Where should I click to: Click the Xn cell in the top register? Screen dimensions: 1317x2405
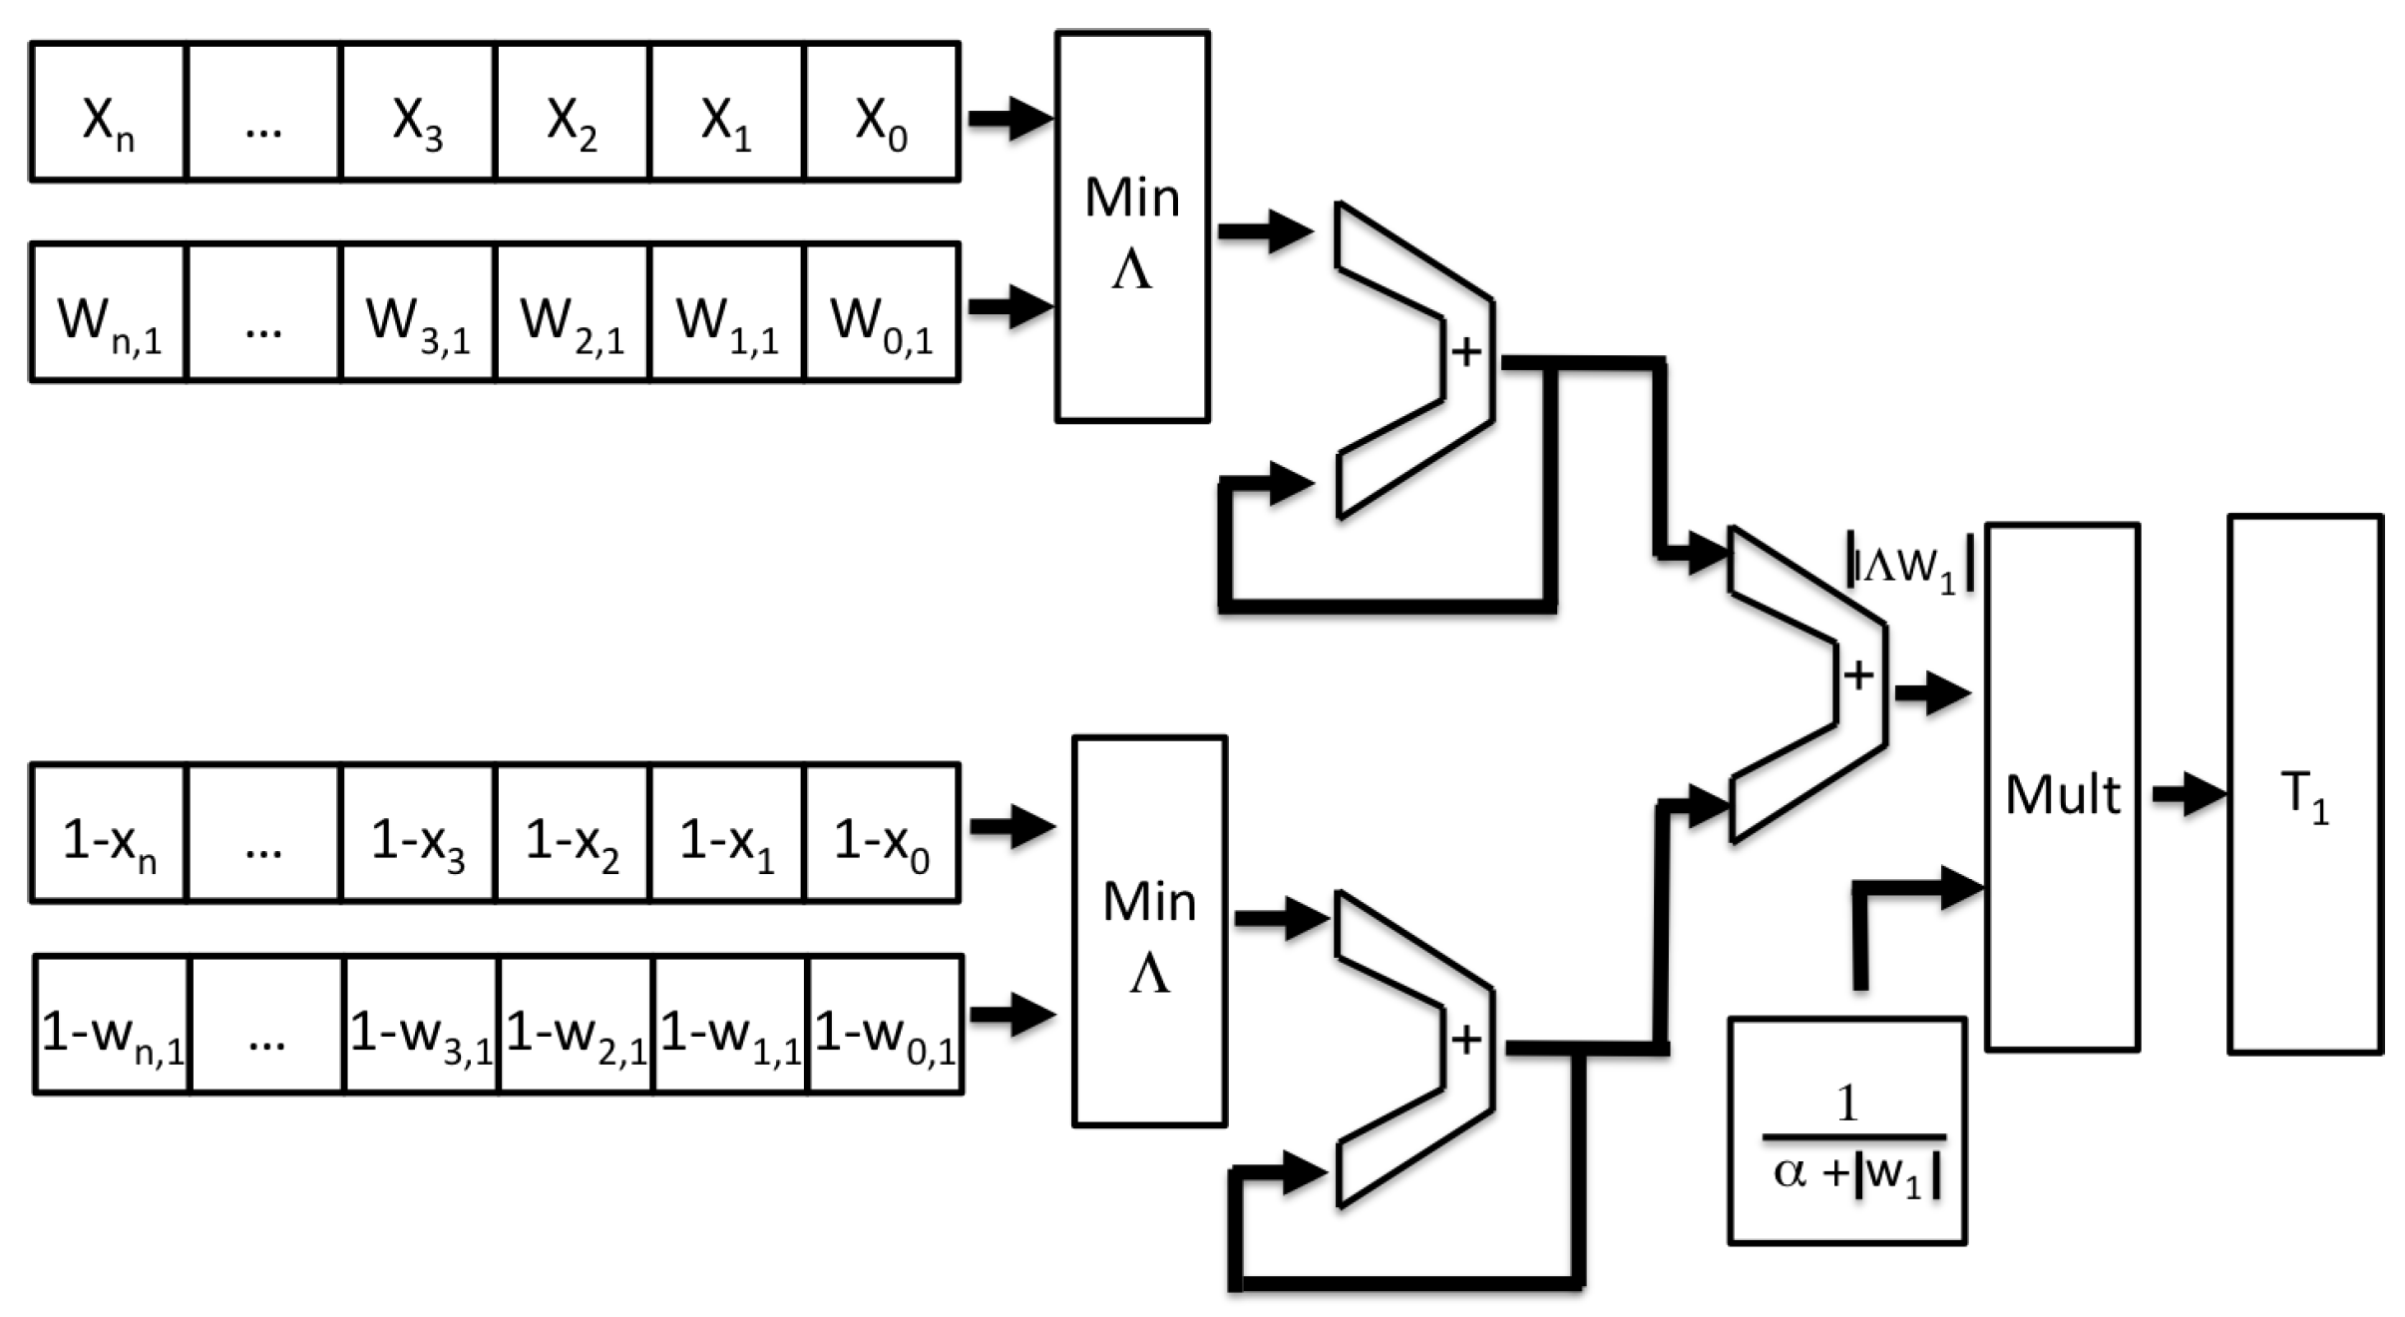tap(108, 113)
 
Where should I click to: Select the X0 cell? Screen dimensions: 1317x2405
tap(881, 113)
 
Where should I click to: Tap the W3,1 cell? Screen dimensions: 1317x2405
tap(417, 313)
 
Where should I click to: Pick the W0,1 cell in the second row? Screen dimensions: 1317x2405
tap(881, 313)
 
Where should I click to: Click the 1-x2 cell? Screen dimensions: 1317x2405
tap(572, 834)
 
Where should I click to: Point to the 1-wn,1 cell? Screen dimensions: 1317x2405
tap(112, 1026)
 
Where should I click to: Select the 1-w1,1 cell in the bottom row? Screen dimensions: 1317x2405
tap(729, 1026)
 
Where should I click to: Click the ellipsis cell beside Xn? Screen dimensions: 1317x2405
tap(262, 113)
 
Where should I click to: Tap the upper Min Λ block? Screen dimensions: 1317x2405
tap(1132, 227)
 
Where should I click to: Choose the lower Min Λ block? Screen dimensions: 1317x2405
tap(1149, 932)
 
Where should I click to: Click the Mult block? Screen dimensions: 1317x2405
tap(2062, 788)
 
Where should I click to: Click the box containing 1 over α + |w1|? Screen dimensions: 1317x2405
tap(1847, 1131)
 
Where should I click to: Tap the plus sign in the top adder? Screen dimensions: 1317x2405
tap(1465, 351)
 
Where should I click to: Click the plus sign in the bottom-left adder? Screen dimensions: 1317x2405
tap(1465, 1041)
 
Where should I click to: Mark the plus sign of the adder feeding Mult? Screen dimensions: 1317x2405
tap(1857, 675)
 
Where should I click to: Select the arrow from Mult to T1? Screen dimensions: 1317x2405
tap(2189, 794)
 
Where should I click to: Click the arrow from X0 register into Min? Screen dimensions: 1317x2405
tap(1009, 119)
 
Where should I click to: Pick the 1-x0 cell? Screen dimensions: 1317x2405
tap(881, 834)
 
